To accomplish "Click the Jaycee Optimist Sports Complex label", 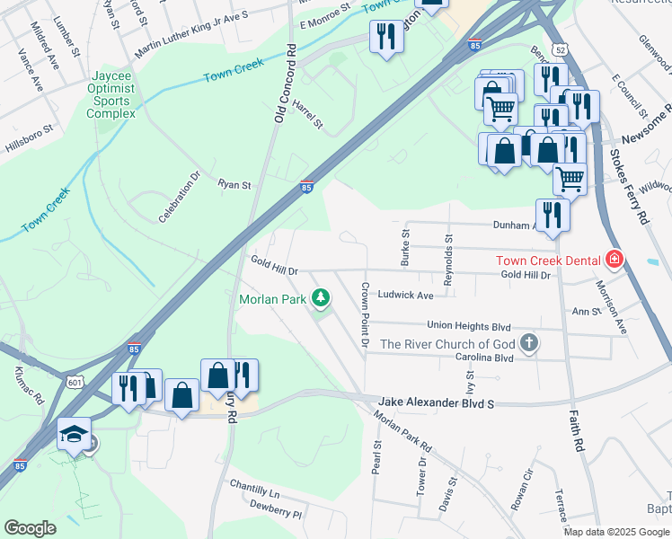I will coord(111,95).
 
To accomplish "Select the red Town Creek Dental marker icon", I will coord(615,261).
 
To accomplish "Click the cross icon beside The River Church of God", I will coord(530,343).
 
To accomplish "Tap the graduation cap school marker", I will coord(74,434).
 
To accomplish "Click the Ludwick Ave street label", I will coord(405,295).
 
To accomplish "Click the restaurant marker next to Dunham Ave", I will coord(553,216).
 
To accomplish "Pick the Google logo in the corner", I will coord(30,528).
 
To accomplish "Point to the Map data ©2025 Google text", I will coord(616,532).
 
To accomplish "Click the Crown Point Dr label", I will coord(365,314).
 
